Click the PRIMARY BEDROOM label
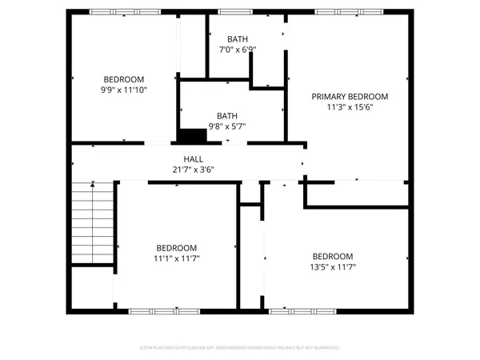tap(350, 95)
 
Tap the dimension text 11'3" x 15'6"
tap(350, 106)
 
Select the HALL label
tap(193, 158)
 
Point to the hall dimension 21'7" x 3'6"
tap(193, 169)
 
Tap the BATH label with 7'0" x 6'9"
tap(238, 38)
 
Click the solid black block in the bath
tap(192, 136)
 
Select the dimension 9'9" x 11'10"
tap(124, 90)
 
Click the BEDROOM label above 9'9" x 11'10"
tap(124, 78)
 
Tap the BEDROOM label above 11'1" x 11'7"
tap(176, 248)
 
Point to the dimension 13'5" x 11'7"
tap(332, 268)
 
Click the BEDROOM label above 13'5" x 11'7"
tap(332, 256)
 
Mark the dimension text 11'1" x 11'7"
tap(176, 259)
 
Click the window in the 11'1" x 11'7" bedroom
tap(154, 310)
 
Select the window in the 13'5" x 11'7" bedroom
tap(291, 310)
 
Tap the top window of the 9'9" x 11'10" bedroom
tap(112, 12)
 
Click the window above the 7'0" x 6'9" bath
tap(232, 12)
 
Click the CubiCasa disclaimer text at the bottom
tap(240, 348)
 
